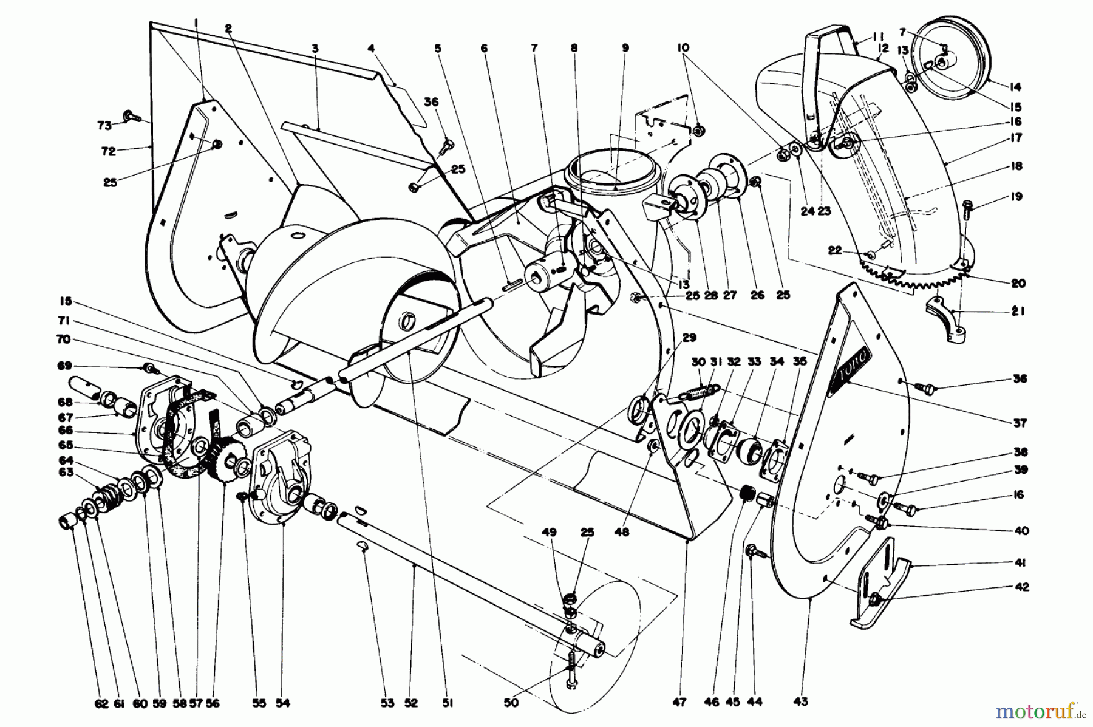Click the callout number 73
click(x=104, y=126)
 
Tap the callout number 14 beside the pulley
click(x=1015, y=86)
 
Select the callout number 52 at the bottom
click(x=411, y=703)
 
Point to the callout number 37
click(x=1020, y=423)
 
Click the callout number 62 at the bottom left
click(x=101, y=703)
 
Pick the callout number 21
click(x=1018, y=312)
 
